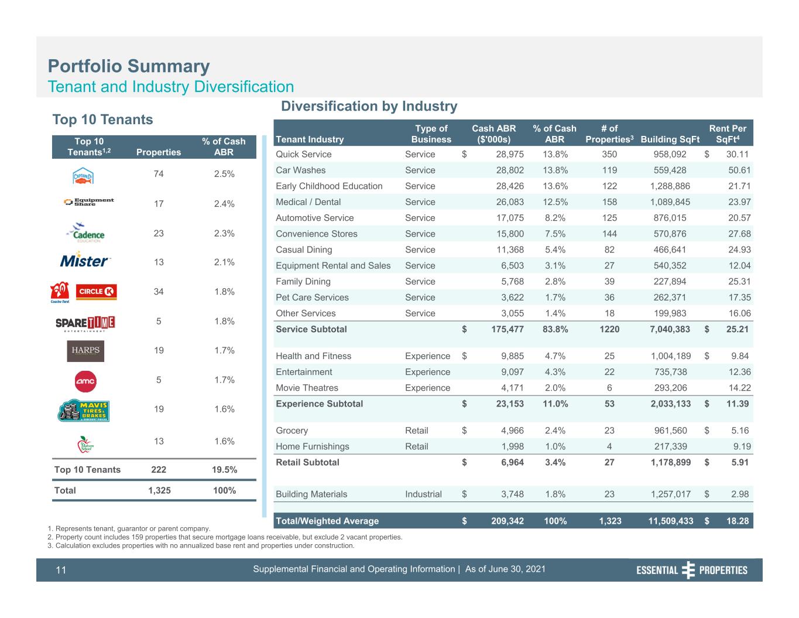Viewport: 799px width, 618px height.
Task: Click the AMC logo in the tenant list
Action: tap(85, 381)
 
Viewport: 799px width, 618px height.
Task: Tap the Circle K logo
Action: tap(96, 292)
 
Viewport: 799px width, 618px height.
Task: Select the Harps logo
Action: tap(85, 351)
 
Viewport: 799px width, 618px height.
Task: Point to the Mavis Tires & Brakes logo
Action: tap(84, 410)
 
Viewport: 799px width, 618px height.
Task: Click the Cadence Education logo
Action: tap(85, 233)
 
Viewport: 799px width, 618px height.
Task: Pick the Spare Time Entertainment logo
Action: tap(85, 323)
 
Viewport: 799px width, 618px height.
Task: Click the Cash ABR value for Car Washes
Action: tap(510, 170)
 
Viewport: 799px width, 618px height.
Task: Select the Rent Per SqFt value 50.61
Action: tap(739, 170)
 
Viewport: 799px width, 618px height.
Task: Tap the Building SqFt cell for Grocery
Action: tap(670, 431)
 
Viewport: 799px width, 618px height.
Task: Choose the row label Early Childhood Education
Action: tap(329, 186)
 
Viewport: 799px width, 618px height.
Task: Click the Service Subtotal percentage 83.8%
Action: tap(555, 329)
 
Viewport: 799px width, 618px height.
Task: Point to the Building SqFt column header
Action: tap(670, 139)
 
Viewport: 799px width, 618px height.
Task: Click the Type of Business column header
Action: tap(431, 134)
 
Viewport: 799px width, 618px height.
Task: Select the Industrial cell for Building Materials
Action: tap(423, 494)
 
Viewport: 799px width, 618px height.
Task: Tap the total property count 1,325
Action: tap(159, 490)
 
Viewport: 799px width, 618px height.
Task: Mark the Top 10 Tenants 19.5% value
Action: tap(224, 470)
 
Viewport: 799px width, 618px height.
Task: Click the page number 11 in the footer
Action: tap(61, 570)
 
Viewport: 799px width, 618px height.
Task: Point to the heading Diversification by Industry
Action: tap(369, 106)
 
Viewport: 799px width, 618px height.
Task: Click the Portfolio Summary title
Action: tap(129, 66)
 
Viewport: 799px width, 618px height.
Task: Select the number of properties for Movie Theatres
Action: tap(609, 388)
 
